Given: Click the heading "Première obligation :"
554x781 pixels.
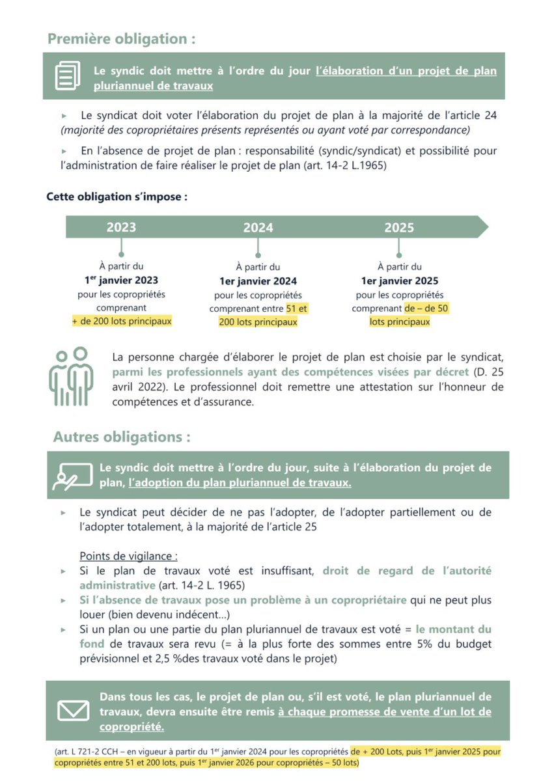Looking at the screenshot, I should pos(121,38).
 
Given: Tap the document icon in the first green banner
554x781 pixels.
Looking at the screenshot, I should pos(68,75).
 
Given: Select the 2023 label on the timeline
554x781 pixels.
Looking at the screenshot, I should pos(122,227).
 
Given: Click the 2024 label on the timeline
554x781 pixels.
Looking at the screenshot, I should pos(258,228).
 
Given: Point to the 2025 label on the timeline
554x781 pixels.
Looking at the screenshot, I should pos(399,227).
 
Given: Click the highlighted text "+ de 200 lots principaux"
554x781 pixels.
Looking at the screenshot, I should pos(122,321).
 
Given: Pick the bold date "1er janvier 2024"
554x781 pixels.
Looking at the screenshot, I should pos(258,281).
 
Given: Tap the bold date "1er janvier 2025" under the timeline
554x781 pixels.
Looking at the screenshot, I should pos(399,281).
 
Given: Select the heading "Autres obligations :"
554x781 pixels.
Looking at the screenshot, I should pos(122,437).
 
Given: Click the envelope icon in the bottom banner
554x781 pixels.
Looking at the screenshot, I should pos(73,711).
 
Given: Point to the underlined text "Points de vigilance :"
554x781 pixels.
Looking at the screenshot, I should pos(128,556).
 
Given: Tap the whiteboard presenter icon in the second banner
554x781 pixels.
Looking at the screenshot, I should pos(69,476).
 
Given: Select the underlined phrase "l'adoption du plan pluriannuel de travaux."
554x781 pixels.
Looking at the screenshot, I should pos(240,483).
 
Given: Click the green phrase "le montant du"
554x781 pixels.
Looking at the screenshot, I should pos(454,629).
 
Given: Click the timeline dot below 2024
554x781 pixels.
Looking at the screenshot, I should pos(258,255).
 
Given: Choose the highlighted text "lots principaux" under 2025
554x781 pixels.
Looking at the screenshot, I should pos(399,322).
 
